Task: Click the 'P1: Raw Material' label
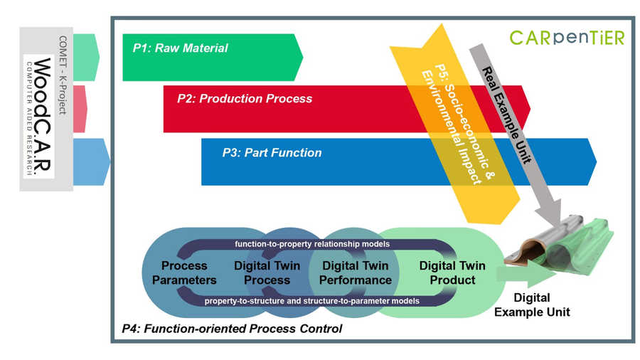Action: point(180,48)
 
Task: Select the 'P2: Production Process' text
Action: point(245,99)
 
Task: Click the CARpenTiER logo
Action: point(566,37)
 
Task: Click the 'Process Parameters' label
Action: point(184,272)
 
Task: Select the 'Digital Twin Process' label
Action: point(267,272)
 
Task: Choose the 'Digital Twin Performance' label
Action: point(355,272)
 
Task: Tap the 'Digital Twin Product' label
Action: point(452,272)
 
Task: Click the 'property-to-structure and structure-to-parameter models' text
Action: point(311,301)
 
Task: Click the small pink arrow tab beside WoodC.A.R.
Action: point(80,108)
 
